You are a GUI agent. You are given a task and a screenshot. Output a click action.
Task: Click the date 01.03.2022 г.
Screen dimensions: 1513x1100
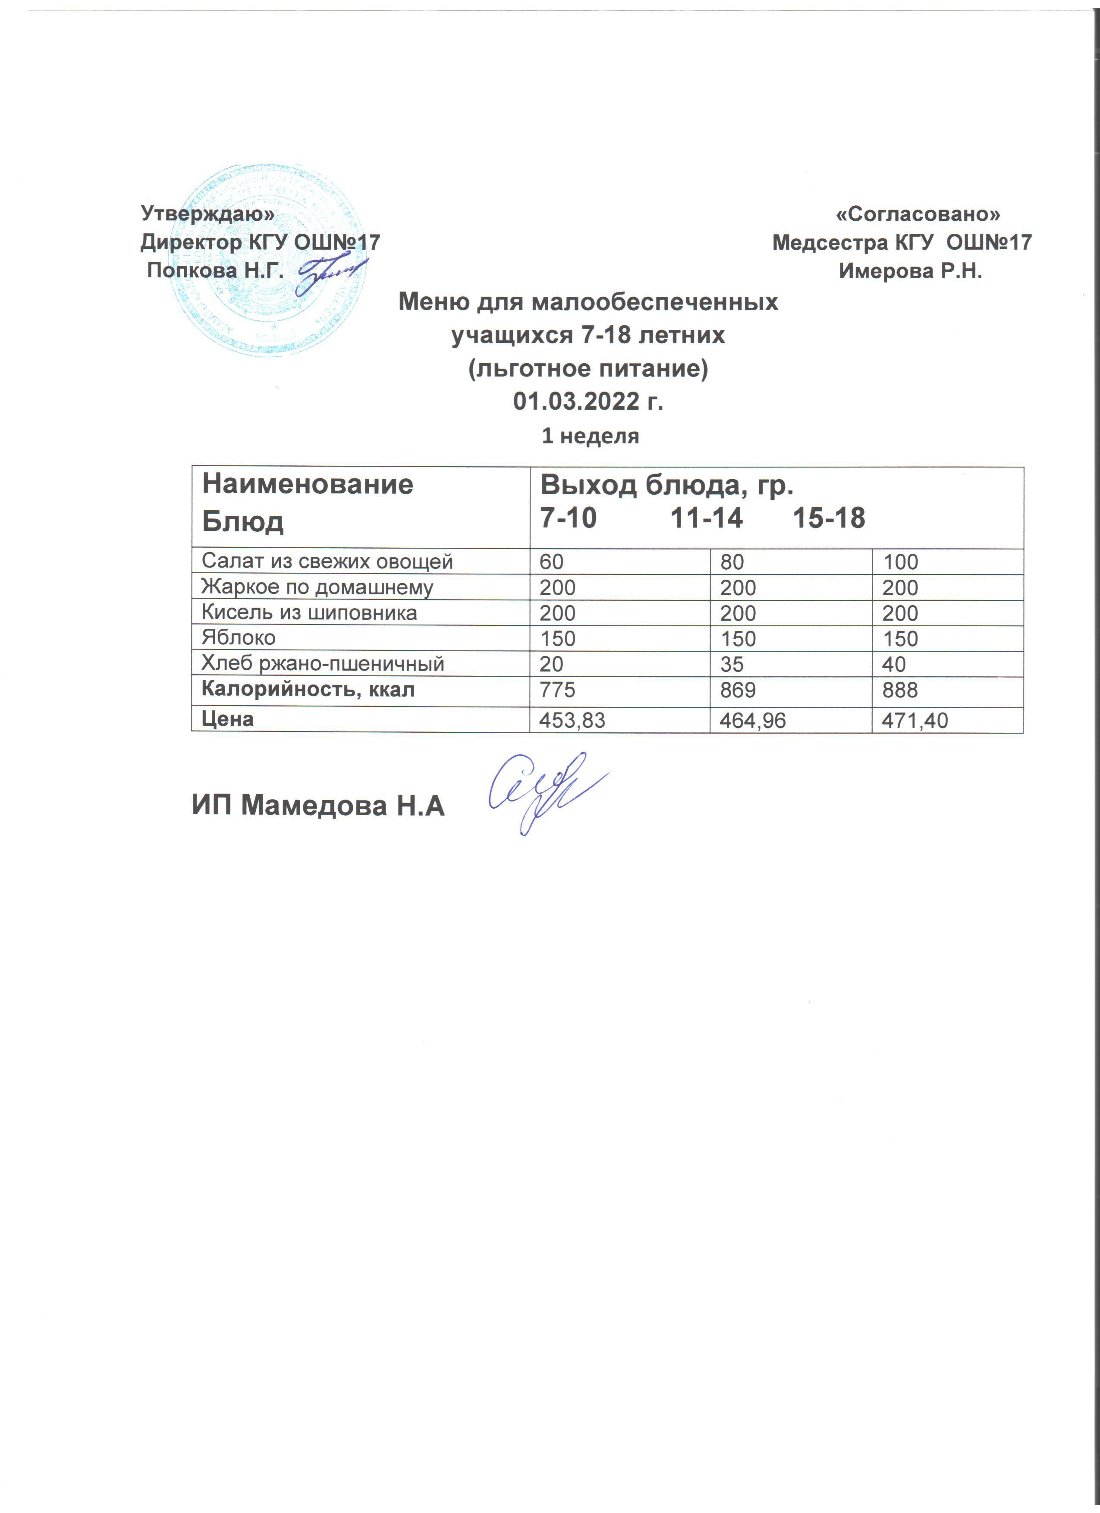click(x=588, y=402)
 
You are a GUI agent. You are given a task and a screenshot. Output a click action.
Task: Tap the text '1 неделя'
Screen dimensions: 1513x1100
click(x=590, y=436)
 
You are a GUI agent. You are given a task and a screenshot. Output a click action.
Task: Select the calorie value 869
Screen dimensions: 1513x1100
click(x=737, y=690)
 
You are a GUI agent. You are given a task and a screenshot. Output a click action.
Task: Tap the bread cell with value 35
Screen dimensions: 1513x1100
click(x=731, y=665)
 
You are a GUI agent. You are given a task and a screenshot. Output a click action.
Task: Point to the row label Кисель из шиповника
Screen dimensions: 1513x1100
click(x=309, y=612)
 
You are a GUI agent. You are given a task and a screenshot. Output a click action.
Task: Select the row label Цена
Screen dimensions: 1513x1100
click(x=227, y=719)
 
